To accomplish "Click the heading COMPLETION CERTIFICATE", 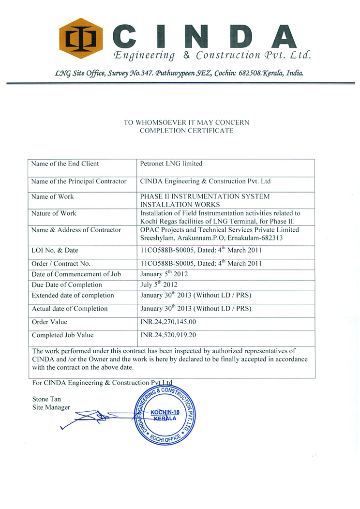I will pos(186,131).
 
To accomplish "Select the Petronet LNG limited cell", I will pos(171,164).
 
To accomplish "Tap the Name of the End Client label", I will pos(65,164).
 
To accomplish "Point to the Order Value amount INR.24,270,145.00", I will pos(168,322).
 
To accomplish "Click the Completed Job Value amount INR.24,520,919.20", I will pos(168,335).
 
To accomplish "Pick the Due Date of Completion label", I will pos(67,284).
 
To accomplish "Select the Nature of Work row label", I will pos(54,213).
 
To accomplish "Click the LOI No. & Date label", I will pos(55,250).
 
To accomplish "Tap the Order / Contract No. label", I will pos(61,264).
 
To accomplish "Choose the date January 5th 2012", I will pos(164,273).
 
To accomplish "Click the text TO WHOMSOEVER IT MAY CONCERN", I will pos(186,122).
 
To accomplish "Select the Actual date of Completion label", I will pos(70,309).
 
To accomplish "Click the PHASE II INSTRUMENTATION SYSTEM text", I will pos(205,196).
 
